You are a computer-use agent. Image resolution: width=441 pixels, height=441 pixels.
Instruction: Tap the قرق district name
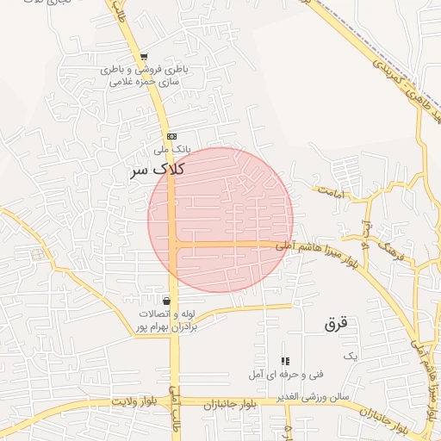pos(335,324)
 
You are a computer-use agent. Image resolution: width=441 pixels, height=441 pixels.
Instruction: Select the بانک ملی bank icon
pos(171,136)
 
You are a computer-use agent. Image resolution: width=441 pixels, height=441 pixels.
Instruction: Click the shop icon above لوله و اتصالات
pos(165,301)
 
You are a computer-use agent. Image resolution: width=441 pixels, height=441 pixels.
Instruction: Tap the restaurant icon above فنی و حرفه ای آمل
pos(285,361)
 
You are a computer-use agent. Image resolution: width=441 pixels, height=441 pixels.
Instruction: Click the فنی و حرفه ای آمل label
pos(285,374)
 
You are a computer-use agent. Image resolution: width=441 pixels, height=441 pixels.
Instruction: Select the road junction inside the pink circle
pos(173,245)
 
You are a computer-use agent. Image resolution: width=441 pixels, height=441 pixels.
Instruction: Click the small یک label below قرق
pos(349,355)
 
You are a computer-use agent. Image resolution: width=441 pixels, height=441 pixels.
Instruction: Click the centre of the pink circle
pos(220,220)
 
